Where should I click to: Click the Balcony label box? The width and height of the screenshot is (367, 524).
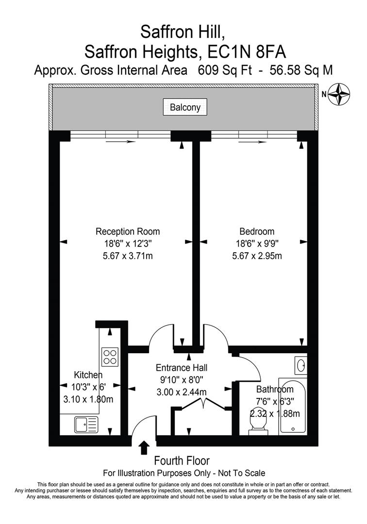[185, 107]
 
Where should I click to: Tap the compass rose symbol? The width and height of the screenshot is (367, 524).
[338, 94]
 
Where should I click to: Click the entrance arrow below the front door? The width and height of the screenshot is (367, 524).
[144, 447]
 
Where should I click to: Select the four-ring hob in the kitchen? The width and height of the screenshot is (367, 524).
[110, 357]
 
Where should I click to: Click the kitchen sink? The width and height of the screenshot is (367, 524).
[86, 425]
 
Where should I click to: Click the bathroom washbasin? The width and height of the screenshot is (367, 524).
[300, 365]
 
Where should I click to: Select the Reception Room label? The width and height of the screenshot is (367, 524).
[128, 231]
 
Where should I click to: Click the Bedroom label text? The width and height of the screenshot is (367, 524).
[257, 231]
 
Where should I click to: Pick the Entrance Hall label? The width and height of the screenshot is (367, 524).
[182, 368]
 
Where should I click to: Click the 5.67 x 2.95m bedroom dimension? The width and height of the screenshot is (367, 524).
[257, 256]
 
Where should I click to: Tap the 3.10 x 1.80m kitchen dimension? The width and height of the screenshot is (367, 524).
[88, 399]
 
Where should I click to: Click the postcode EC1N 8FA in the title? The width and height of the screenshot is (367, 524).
[247, 52]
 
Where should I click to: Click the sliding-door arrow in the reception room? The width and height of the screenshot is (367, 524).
[121, 142]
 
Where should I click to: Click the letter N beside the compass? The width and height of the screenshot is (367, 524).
[323, 94]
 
